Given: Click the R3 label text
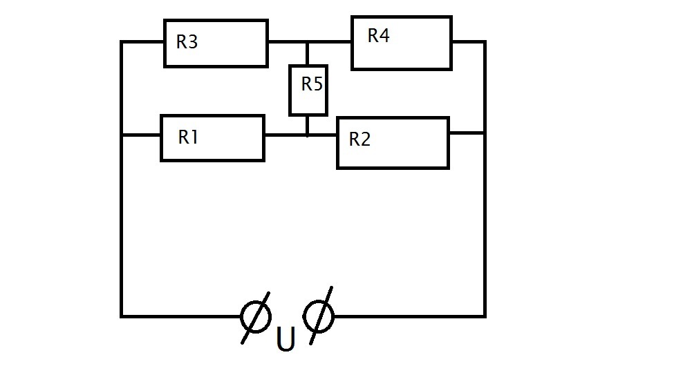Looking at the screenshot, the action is [187, 42].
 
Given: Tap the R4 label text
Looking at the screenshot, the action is [379, 36].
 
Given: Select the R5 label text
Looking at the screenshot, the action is [312, 84].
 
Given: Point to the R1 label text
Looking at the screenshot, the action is [189, 137].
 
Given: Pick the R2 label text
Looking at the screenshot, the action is [359, 139].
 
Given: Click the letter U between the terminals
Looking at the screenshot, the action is [286, 340].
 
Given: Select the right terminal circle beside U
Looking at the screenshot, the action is [319, 316].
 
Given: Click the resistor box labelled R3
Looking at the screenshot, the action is [216, 44].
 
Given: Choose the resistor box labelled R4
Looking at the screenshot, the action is [402, 43].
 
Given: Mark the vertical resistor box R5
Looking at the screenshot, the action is [308, 90].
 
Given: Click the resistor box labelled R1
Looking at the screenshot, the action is [212, 138].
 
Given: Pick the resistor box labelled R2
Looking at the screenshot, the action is [393, 143].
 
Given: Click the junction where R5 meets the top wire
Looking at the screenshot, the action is [307, 42].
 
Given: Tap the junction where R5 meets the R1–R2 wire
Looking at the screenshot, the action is [307, 135].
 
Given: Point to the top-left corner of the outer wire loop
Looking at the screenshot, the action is [122, 42].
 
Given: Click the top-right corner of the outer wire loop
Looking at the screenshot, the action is [485, 42].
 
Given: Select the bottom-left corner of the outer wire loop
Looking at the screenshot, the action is [122, 316].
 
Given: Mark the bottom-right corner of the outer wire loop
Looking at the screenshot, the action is [485, 316].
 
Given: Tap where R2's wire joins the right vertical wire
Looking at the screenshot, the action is [485, 133].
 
